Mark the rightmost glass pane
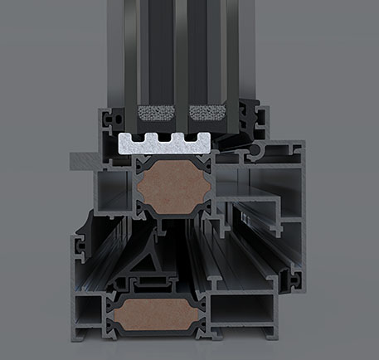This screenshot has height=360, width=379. tap(235, 50)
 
